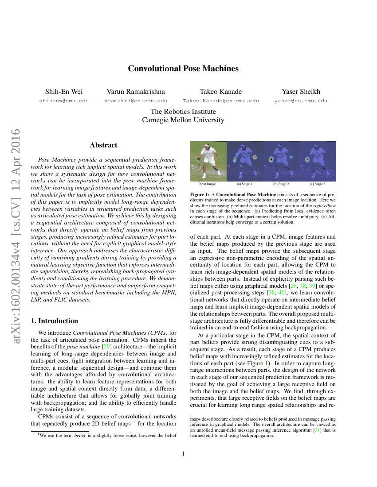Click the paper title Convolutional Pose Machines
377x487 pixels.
tap(183, 69)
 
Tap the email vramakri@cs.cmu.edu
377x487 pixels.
tap(135, 101)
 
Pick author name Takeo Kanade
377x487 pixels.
tap(220, 92)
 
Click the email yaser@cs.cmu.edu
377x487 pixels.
tap(301, 101)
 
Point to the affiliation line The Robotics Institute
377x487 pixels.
tap(183, 112)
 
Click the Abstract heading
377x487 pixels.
tap(103, 145)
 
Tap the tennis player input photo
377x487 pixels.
tap(208, 161)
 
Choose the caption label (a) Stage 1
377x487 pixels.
tap(244, 184)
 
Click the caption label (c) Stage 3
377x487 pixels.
tap(317, 184)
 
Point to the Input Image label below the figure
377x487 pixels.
tap(207, 184)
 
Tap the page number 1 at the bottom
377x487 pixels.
tap(183, 454)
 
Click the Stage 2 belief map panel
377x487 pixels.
tap(281, 161)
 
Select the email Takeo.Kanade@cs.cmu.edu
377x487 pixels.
tap(220, 101)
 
